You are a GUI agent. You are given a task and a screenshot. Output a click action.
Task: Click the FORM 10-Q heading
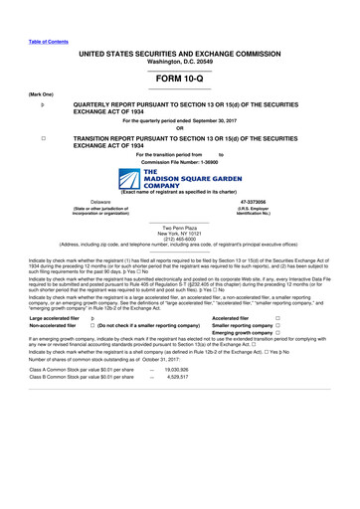179,75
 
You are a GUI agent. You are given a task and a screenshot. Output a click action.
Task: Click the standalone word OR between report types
179,126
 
